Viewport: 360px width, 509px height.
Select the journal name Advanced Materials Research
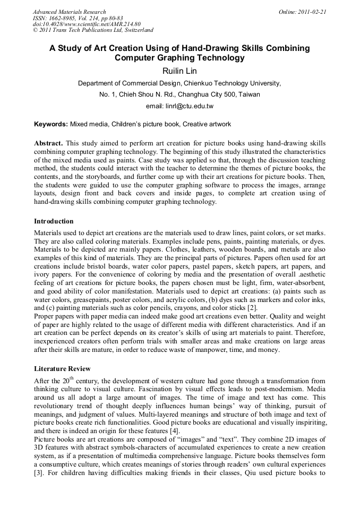70,12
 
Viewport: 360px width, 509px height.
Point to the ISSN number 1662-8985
66,18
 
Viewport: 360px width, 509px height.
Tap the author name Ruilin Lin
179,70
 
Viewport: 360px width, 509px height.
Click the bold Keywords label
51,124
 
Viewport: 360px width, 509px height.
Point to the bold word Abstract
48,144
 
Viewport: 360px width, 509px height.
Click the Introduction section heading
54,221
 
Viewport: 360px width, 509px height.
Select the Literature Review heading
62,368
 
